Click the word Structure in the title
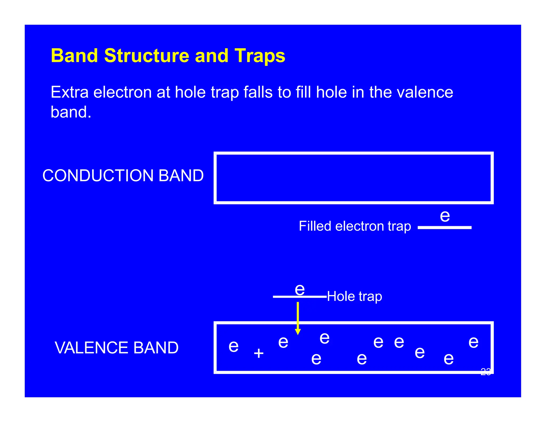tap(147, 56)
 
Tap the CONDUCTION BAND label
tap(123, 176)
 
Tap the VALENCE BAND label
tap(117, 348)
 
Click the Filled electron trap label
tap(355, 226)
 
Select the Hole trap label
tap(354, 296)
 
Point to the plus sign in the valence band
tap(258, 353)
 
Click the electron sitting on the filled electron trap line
tap(445, 216)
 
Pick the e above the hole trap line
tap(300, 289)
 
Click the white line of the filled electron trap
tap(444, 228)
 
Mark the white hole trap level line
tap(283, 297)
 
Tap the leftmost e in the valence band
tap(234, 346)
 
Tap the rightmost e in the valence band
tap(473, 342)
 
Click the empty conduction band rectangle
tap(353, 178)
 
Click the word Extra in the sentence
tap(69, 92)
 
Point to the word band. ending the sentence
tap(71, 112)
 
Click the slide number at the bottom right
tap(485, 372)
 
